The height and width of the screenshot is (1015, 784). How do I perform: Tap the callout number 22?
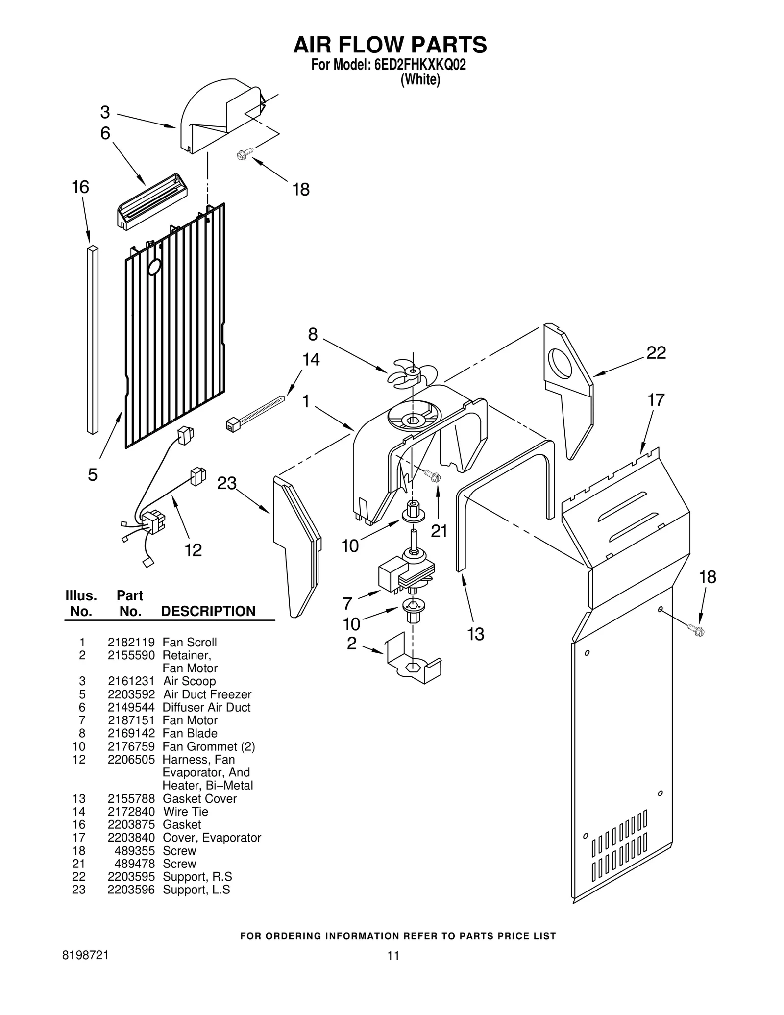click(x=656, y=352)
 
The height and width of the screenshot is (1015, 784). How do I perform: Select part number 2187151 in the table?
click(x=131, y=720)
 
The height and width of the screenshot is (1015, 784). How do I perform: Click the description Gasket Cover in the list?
click(x=199, y=798)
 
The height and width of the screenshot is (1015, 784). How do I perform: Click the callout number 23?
click(x=226, y=483)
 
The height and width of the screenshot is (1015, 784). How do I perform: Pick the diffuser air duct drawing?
click(x=152, y=201)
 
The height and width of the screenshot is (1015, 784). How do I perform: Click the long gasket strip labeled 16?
click(x=93, y=339)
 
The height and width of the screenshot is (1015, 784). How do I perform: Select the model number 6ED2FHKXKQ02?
click(x=420, y=65)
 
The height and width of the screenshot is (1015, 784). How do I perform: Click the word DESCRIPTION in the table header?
click(x=208, y=611)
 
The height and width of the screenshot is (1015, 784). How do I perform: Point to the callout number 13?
click(x=475, y=634)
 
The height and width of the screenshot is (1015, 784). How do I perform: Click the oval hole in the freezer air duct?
click(x=154, y=267)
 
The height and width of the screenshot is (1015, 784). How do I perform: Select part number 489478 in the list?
click(x=134, y=864)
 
